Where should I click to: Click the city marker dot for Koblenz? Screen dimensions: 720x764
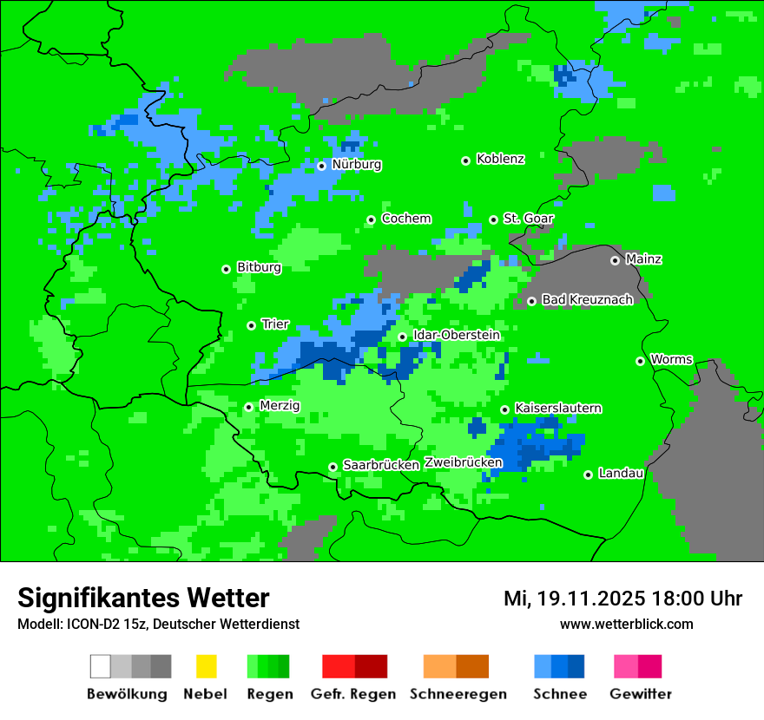click(x=465, y=160)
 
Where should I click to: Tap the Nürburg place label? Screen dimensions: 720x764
click(x=357, y=165)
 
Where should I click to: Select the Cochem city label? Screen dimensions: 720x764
click(x=406, y=219)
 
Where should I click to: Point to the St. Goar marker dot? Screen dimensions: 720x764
click(x=493, y=219)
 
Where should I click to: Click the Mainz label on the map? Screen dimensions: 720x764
click(x=643, y=259)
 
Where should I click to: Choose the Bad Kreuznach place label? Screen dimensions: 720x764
click(x=587, y=299)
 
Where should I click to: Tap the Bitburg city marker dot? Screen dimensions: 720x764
click(x=226, y=269)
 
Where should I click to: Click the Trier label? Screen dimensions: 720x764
click(x=275, y=324)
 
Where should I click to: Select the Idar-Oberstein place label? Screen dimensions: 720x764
click(x=457, y=335)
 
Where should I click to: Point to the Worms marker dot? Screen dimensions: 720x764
click(x=640, y=361)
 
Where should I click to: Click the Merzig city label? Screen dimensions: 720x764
click(x=280, y=405)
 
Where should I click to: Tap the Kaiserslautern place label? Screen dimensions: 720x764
click(x=558, y=408)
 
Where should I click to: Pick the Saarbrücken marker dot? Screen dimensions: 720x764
click(x=333, y=467)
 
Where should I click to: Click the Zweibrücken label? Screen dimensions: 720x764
click(x=463, y=462)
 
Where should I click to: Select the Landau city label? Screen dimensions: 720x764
click(x=622, y=474)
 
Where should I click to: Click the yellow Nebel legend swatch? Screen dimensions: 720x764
click(x=206, y=666)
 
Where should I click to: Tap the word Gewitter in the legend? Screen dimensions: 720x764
click(x=641, y=694)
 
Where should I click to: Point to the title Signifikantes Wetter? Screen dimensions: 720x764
click(x=143, y=598)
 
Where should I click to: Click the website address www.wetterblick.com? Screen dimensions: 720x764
click(x=626, y=624)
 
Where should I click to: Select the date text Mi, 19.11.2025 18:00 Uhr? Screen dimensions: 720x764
click(x=622, y=599)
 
